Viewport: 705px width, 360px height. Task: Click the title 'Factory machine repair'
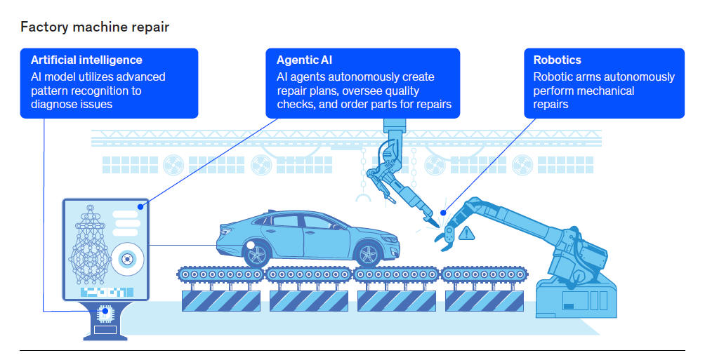[x=94, y=27]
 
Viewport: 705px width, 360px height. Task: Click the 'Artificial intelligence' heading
[x=86, y=60]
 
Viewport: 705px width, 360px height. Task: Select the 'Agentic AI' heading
[x=304, y=60]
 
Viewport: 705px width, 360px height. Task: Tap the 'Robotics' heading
[x=557, y=60]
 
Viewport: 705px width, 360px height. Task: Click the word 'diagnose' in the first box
[x=53, y=104]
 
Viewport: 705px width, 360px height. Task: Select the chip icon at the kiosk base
[x=105, y=311]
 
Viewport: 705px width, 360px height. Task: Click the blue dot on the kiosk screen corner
[x=141, y=207]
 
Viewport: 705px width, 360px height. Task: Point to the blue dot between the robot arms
[x=443, y=213]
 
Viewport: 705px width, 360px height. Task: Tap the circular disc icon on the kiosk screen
[x=127, y=259]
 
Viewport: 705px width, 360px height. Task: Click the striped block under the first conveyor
[x=221, y=300]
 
